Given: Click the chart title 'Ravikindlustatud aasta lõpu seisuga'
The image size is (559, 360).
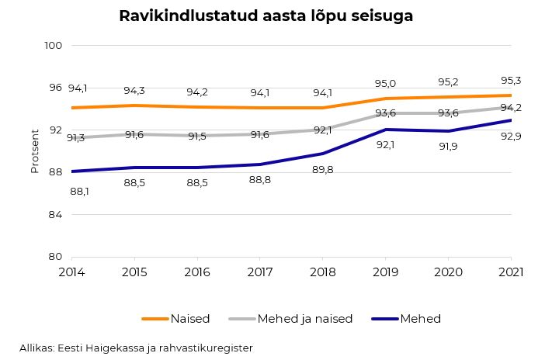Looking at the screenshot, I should point(266,16).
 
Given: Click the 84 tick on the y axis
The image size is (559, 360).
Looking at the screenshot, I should point(55,214).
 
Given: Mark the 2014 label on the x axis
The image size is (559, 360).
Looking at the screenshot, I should point(71,272).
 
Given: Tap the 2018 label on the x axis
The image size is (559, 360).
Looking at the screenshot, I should point(323,272).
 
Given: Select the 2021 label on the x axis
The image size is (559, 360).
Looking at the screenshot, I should point(511,272).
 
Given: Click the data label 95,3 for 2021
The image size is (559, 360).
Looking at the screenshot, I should point(511,81).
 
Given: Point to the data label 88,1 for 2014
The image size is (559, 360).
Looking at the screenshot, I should point(79,191).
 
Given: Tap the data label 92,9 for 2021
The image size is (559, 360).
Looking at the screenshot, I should point(511,137).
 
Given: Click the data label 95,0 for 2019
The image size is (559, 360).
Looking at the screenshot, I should point(386,84).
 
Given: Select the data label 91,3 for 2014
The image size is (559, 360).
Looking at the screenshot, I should point(76,138).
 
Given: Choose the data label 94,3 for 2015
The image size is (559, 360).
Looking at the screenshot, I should point(134,91).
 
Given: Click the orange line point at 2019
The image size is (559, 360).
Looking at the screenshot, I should point(386,99).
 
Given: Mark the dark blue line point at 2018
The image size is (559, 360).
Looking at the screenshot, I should point(323,154).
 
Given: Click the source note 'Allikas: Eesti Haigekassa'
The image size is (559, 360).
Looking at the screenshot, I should point(136,348).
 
